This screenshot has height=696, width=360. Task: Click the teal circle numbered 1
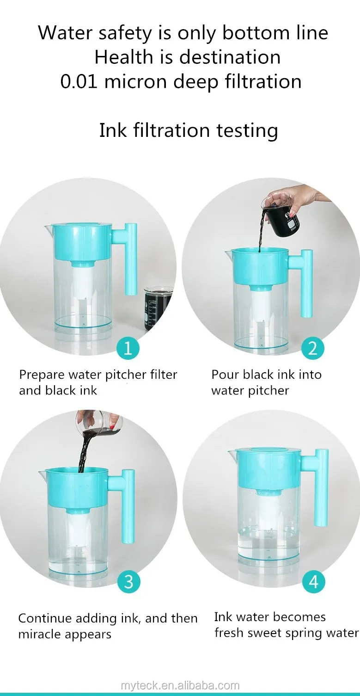tap(128, 348)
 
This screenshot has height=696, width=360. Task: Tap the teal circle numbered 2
tap(312, 348)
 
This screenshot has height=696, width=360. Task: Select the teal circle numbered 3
tap(128, 582)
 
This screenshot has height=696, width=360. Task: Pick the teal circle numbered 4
tap(313, 582)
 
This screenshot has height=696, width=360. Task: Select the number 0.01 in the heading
tap(79, 82)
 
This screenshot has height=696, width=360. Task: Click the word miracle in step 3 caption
tap(40, 634)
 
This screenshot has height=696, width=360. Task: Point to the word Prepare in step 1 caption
tap(42, 375)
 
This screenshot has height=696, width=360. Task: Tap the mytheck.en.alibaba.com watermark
tap(180, 686)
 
